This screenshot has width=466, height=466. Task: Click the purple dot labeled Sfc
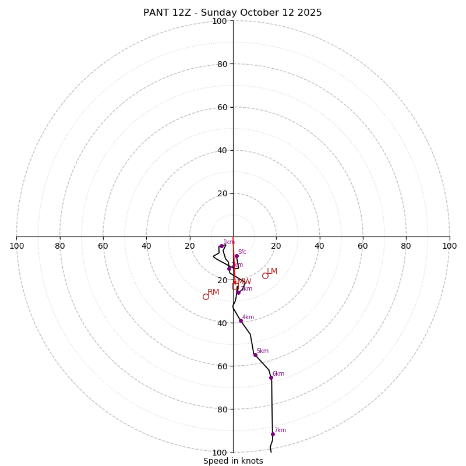[x=236, y=256]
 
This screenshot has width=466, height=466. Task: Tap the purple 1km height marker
[x=221, y=246]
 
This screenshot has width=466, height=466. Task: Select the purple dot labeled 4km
[x=241, y=320]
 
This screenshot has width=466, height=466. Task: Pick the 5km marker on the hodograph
[x=255, y=355]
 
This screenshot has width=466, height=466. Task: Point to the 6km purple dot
[x=271, y=377]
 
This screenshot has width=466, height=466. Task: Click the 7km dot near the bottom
[x=273, y=434]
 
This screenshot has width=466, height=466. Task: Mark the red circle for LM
[x=265, y=276]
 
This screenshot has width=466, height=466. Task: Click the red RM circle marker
[x=206, y=296]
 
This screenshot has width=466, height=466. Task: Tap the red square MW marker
[x=235, y=287]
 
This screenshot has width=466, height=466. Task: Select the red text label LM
[x=272, y=271]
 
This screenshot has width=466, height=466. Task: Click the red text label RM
[x=213, y=292]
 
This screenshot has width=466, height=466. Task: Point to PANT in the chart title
[x=156, y=13]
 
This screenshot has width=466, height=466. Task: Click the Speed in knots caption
[x=233, y=461]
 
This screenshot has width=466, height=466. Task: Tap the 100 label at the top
[x=220, y=21]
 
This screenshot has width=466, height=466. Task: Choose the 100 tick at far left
[x=16, y=246]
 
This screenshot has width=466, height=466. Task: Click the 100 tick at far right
[x=449, y=246]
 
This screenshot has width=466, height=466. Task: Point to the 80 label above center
[x=221, y=64]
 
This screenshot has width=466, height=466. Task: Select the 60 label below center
[x=221, y=366]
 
